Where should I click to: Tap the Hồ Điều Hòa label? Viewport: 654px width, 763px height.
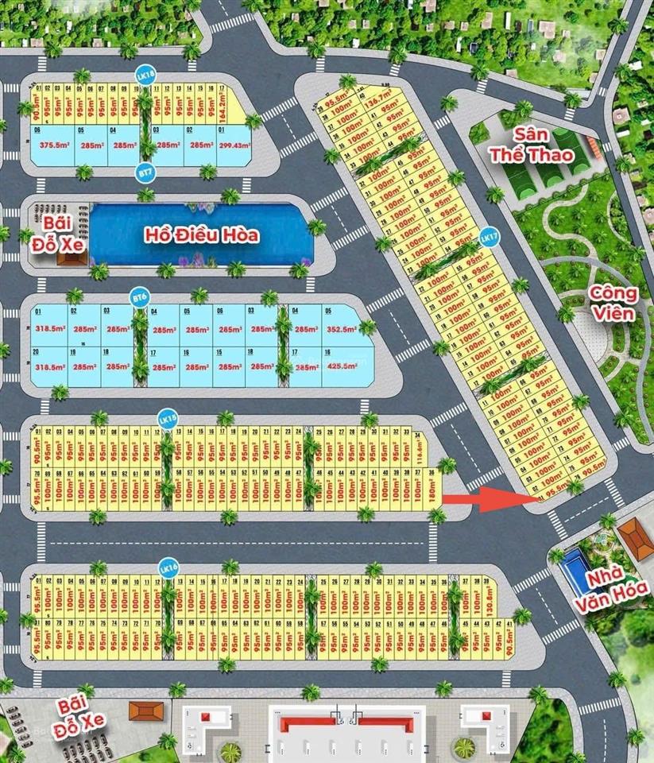point(201,235)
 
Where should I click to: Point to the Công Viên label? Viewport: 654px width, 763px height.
point(613,304)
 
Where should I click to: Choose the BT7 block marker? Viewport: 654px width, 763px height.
point(145,172)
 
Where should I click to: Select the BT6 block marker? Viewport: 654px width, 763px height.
point(139,297)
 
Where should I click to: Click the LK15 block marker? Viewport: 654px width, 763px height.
point(167,418)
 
